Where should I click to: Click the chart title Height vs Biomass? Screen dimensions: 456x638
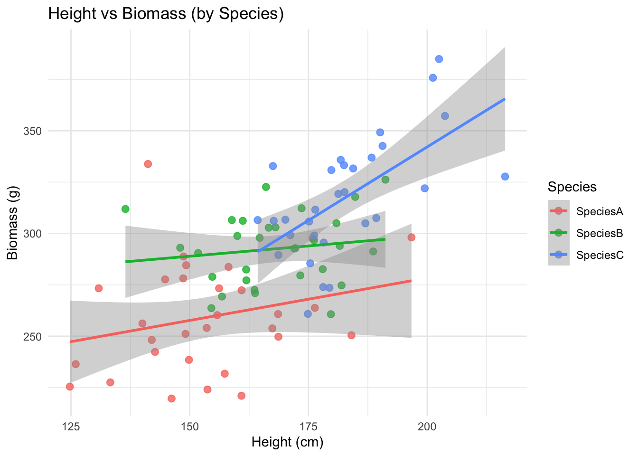coord(166,14)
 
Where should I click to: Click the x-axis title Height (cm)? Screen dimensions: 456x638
coord(287,442)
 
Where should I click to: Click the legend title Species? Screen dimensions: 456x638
coord(572,187)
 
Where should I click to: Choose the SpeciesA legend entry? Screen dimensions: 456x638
coord(600,211)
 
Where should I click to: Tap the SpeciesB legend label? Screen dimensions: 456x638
coord(600,233)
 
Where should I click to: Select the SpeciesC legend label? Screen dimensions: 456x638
coord(600,255)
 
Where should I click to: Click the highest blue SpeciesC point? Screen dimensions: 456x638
coord(439,59)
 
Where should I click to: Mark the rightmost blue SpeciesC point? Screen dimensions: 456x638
coord(505,177)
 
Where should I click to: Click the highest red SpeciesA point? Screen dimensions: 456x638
coord(148,164)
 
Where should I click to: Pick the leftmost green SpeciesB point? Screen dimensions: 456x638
coord(125,209)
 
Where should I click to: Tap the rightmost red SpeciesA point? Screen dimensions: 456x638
coord(412,237)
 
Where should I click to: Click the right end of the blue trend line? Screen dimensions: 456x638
coord(505,99)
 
